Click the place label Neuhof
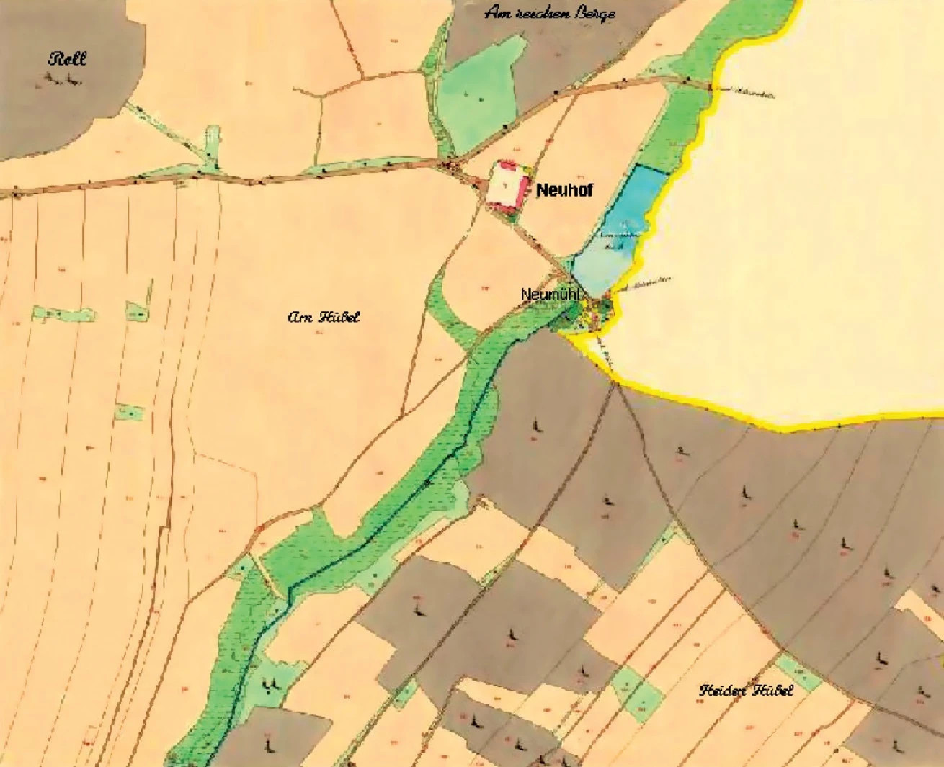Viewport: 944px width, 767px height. pos(564,191)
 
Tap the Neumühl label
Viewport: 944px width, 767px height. pos(551,295)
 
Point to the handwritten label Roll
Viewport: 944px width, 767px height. pos(67,58)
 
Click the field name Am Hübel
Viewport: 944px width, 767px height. pos(324,317)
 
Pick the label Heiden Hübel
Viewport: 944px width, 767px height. pos(746,690)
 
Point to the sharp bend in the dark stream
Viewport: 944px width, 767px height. pos(289,591)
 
